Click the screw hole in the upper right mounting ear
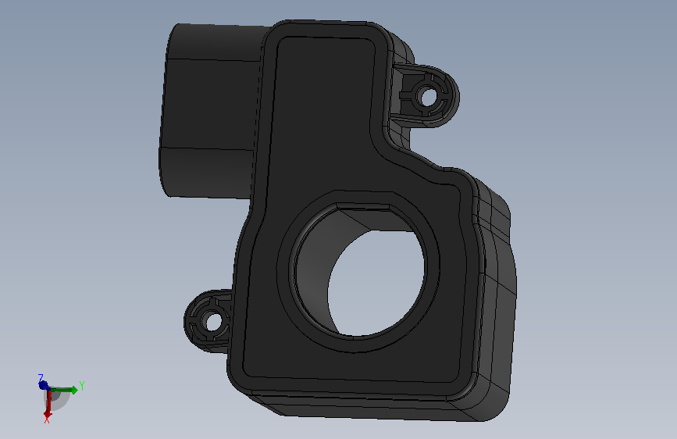(x=427, y=96)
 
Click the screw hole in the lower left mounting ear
(x=212, y=322)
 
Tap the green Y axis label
(x=82, y=386)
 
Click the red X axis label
(x=47, y=419)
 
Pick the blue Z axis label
(x=41, y=378)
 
